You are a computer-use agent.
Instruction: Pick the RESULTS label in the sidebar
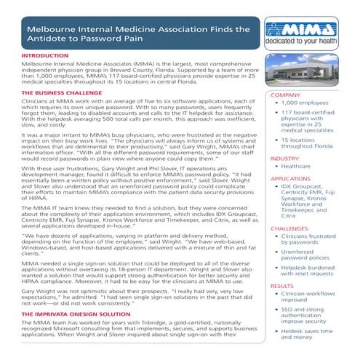tap(282, 287)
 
